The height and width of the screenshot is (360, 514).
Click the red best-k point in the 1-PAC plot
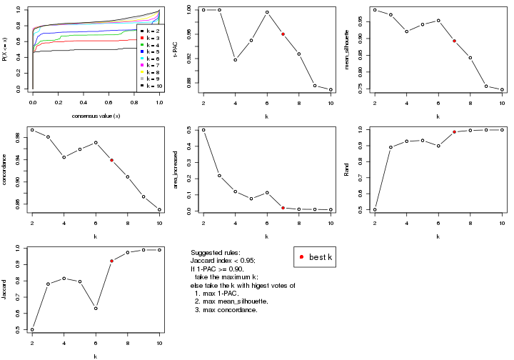coord(283,34)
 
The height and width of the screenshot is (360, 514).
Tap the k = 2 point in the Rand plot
coord(374,210)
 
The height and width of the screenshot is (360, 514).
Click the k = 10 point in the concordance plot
coord(160,210)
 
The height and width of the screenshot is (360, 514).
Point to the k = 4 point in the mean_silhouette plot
coord(406,31)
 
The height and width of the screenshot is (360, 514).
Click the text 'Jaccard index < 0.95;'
coord(224,261)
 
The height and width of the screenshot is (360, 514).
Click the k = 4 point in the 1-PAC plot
coord(236,60)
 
